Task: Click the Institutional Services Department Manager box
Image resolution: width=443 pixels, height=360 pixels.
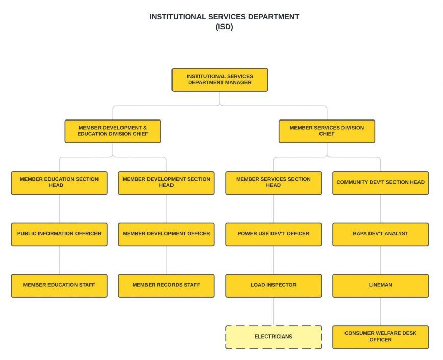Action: click(x=219, y=80)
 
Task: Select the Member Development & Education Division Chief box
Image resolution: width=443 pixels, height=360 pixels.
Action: click(x=113, y=131)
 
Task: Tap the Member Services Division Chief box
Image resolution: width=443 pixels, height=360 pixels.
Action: click(x=327, y=131)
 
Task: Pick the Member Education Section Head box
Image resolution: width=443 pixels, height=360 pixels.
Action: click(x=59, y=182)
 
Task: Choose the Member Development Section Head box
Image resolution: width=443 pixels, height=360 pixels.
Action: click(x=166, y=182)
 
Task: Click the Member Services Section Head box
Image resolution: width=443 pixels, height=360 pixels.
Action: click(x=274, y=182)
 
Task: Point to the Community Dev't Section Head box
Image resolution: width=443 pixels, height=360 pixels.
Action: click(x=380, y=182)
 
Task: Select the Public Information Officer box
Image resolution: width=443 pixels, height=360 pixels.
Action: click(x=59, y=234)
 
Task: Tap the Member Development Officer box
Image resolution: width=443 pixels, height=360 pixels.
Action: click(x=166, y=234)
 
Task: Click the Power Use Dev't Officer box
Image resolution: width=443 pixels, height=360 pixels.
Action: click(x=274, y=234)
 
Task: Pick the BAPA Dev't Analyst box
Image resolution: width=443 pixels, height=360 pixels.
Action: click(x=380, y=234)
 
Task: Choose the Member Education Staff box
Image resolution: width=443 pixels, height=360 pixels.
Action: click(x=59, y=285)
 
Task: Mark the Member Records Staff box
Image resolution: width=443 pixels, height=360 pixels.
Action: click(x=166, y=285)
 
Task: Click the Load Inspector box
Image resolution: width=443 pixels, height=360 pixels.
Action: click(x=274, y=285)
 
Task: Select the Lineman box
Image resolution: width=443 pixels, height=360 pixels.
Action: click(x=380, y=285)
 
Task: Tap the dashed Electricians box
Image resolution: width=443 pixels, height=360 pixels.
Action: click(x=274, y=337)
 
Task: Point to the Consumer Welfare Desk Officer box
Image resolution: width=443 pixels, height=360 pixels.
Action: click(x=380, y=337)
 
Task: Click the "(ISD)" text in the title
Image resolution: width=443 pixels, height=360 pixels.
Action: click(x=224, y=27)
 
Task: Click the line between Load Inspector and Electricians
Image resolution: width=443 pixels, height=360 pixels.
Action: click(x=274, y=311)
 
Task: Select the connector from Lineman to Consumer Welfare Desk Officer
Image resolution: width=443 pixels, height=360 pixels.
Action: click(x=380, y=311)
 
